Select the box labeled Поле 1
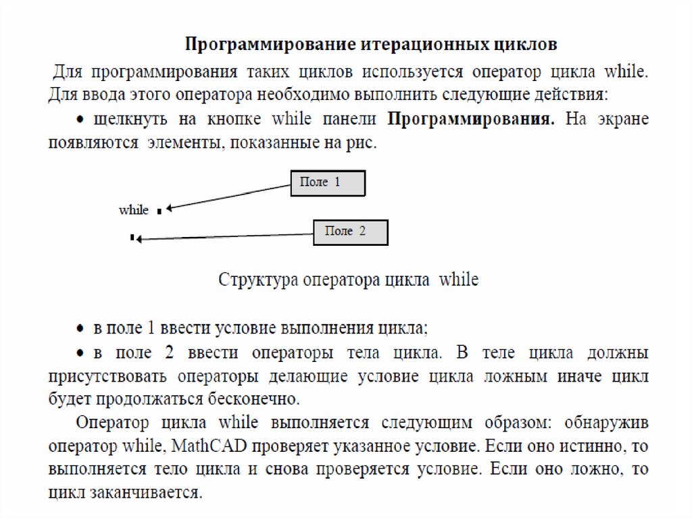(x=328, y=183)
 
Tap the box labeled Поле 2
(x=350, y=232)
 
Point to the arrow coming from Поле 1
(x=230, y=196)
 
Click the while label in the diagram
(x=134, y=210)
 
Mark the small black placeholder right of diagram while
(x=159, y=211)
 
